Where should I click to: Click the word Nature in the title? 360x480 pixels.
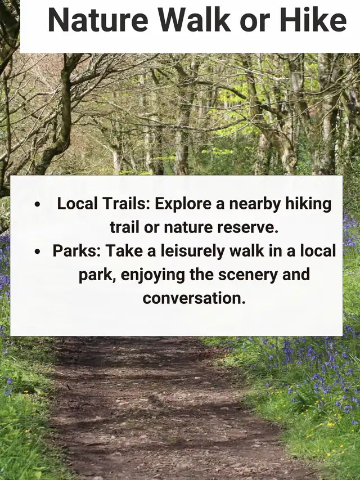[x=98, y=20]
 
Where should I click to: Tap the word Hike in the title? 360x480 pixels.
[x=313, y=20]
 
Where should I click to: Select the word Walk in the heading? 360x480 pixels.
[x=193, y=20]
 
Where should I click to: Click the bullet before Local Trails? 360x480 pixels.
[x=37, y=204]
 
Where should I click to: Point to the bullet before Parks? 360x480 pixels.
[x=37, y=252]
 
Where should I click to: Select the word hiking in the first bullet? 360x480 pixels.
[x=309, y=204]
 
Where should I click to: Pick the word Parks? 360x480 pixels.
[x=77, y=251]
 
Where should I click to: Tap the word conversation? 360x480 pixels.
[x=194, y=298]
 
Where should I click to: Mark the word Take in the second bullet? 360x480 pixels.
[x=124, y=251]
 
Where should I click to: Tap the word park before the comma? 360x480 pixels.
[x=97, y=275]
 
